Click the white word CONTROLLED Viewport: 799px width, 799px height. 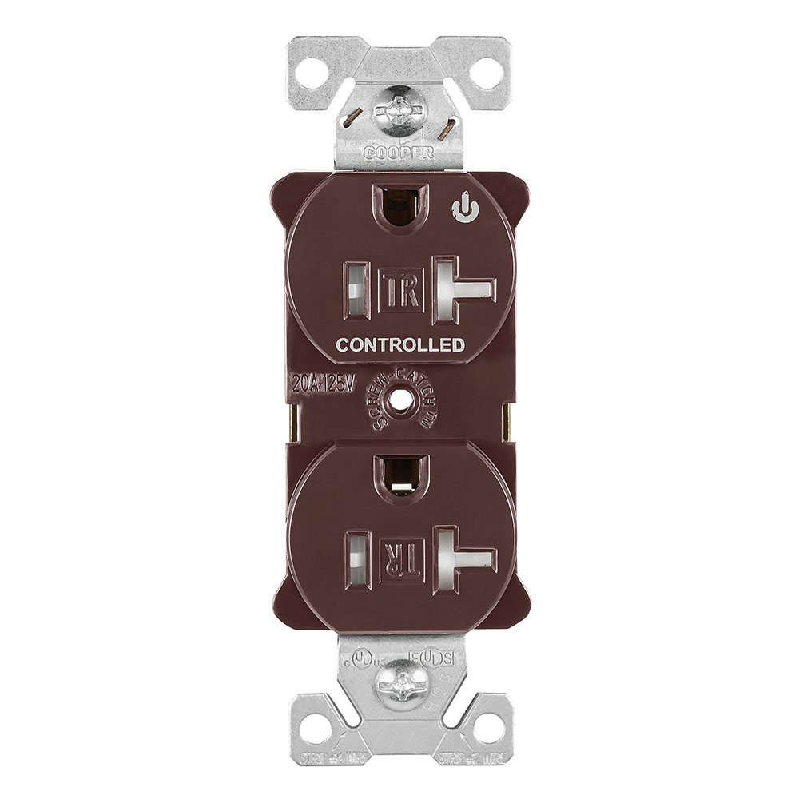coord(400,345)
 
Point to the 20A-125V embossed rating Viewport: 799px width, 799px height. coord(323,384)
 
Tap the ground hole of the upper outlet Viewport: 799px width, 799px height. coord(400,207)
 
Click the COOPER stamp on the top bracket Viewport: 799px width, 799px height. coord(399,152)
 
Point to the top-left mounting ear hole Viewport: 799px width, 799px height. coord(312,74)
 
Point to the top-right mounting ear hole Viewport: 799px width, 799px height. coord(487,74)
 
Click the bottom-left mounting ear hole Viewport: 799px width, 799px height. coord(314,728)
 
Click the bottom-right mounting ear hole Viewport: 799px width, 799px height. coord(487,728)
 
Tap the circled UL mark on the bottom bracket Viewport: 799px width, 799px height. coord(364,660)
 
